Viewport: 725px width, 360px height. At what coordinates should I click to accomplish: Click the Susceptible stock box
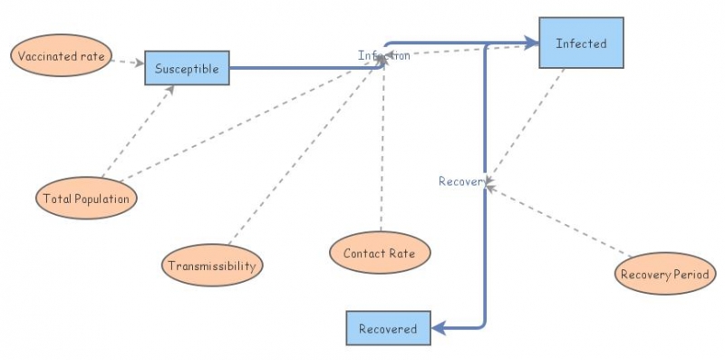coord(187,68)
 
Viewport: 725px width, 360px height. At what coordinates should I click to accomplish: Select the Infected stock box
coord(581,43)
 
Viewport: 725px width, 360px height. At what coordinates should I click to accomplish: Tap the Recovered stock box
coord(387,328)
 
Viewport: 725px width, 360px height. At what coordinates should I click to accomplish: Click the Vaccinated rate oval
coord(63,57)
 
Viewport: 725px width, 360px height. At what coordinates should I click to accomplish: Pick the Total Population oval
coord(86,197)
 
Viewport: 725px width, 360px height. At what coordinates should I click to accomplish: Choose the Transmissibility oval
coord(213,267)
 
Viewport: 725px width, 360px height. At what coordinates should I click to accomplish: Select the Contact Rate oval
coord(379,253)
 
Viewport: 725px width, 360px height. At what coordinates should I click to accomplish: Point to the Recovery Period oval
coord(665,273)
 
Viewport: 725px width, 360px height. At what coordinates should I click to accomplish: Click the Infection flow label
coord(383,55)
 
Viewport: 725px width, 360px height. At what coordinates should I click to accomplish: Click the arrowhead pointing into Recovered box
coord(439,328)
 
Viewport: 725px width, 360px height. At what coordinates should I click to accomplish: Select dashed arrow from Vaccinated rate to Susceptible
coord(127,63)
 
